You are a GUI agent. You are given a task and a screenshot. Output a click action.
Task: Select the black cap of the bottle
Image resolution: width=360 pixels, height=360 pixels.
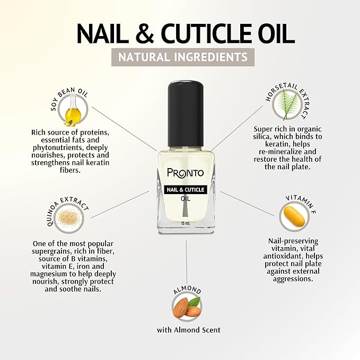[186, 111]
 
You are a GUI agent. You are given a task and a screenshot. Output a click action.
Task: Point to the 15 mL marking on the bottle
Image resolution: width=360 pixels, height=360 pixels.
[185, 223]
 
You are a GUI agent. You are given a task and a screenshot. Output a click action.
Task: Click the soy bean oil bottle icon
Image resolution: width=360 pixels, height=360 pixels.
[73, 113]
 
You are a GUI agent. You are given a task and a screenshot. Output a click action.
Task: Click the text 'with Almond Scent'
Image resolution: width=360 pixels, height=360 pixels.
[188, 330]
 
